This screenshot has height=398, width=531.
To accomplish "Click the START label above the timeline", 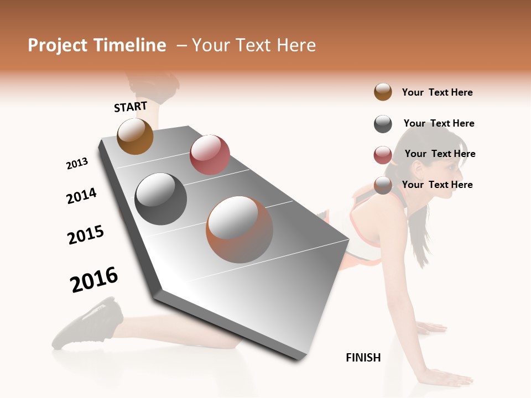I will pos(131,107).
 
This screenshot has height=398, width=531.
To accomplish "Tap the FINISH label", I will pos(363,358).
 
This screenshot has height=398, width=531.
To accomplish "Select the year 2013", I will pos(77,164).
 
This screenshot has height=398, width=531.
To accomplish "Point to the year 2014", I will pos(81,196).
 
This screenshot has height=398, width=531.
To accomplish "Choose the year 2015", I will pos(86,235).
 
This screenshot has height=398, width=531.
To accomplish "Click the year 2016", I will pos(94,279).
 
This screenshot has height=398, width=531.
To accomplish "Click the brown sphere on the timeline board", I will pos(135,136).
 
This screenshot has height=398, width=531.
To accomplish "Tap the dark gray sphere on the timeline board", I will pos(161,199).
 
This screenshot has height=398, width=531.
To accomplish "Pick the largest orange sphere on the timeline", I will pos(240,229).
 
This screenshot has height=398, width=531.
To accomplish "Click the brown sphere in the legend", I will pos(383,92).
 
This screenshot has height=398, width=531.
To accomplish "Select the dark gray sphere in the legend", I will pos(383,124).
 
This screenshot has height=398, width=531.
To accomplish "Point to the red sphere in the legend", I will pos(383,155).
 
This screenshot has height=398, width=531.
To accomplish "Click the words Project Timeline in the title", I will pos(97,45).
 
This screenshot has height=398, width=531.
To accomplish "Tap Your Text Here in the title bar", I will pos(253,45).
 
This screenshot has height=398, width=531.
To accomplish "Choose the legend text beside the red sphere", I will pos(440,154).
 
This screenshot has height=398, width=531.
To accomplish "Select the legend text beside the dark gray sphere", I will pos(439,123).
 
